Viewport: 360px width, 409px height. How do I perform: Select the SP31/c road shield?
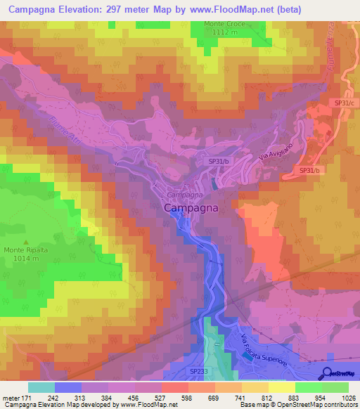(x=345, y=103)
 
